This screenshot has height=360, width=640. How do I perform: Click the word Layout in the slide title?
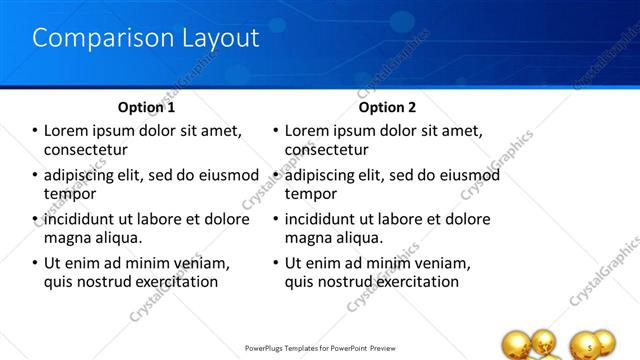(x=213, y=39)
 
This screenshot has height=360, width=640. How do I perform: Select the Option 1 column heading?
(x=146, y=107)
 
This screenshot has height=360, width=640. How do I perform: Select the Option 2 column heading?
(x=387, y=107)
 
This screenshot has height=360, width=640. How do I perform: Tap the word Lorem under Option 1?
(x=68, y=131)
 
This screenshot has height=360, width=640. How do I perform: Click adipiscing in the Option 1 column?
(x=85, y=175)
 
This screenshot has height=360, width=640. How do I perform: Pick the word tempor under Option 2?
(x=311, y=194)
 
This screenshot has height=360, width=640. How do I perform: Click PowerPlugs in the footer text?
(x=269, y=348)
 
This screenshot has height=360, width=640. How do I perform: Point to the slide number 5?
(x=592, y=347)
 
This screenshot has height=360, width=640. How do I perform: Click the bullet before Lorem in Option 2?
(x=276, y=132)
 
